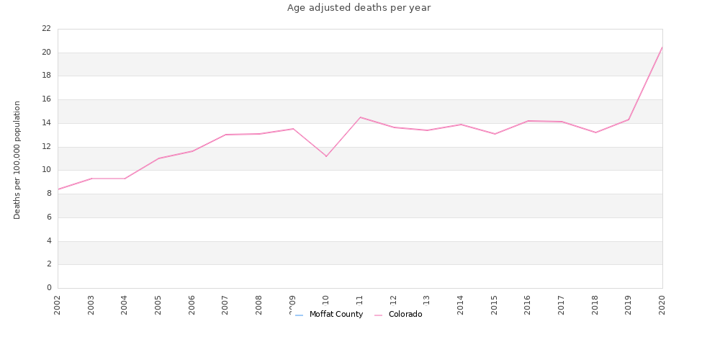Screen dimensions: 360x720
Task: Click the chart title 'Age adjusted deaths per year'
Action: [359, 8]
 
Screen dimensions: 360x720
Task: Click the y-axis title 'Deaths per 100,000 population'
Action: [17, 160]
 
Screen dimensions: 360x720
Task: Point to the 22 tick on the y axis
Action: [46, 29]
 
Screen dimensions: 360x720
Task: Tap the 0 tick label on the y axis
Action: [49, 288]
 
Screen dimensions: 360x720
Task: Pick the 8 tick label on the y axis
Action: [49, 194]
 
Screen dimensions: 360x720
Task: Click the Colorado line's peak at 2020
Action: [662, 48]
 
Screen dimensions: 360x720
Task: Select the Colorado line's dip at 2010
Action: [326, 156]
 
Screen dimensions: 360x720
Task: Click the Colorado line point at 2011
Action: [360, 117]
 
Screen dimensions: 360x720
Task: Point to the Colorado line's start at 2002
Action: [58, 189]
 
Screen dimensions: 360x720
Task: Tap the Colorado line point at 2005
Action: [158, 158]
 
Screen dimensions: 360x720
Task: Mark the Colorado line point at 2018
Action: [595, 132]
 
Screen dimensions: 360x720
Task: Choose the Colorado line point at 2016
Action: [528, 121]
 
